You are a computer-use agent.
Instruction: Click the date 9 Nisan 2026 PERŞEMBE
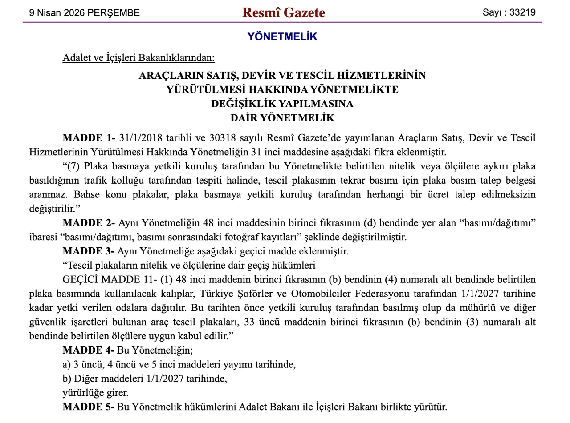[x=84, y=13]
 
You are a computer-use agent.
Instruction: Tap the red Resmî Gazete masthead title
[x=284, y=13]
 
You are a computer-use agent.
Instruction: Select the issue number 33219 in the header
[x=522, y=12]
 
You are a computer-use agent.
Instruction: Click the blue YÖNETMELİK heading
[x=282, y=37]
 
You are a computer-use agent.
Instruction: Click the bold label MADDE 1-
[x=89, y=137]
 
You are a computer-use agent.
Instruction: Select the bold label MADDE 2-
[x=89, y=223]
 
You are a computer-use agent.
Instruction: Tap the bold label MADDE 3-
[x=89, y=251]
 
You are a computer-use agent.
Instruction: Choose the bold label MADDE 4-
[x=89, y=350]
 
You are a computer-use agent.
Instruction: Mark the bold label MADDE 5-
[x=89, y=407]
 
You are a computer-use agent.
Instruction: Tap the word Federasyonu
[x=379, y=294]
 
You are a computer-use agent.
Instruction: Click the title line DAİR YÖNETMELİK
[x=282, y=118]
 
